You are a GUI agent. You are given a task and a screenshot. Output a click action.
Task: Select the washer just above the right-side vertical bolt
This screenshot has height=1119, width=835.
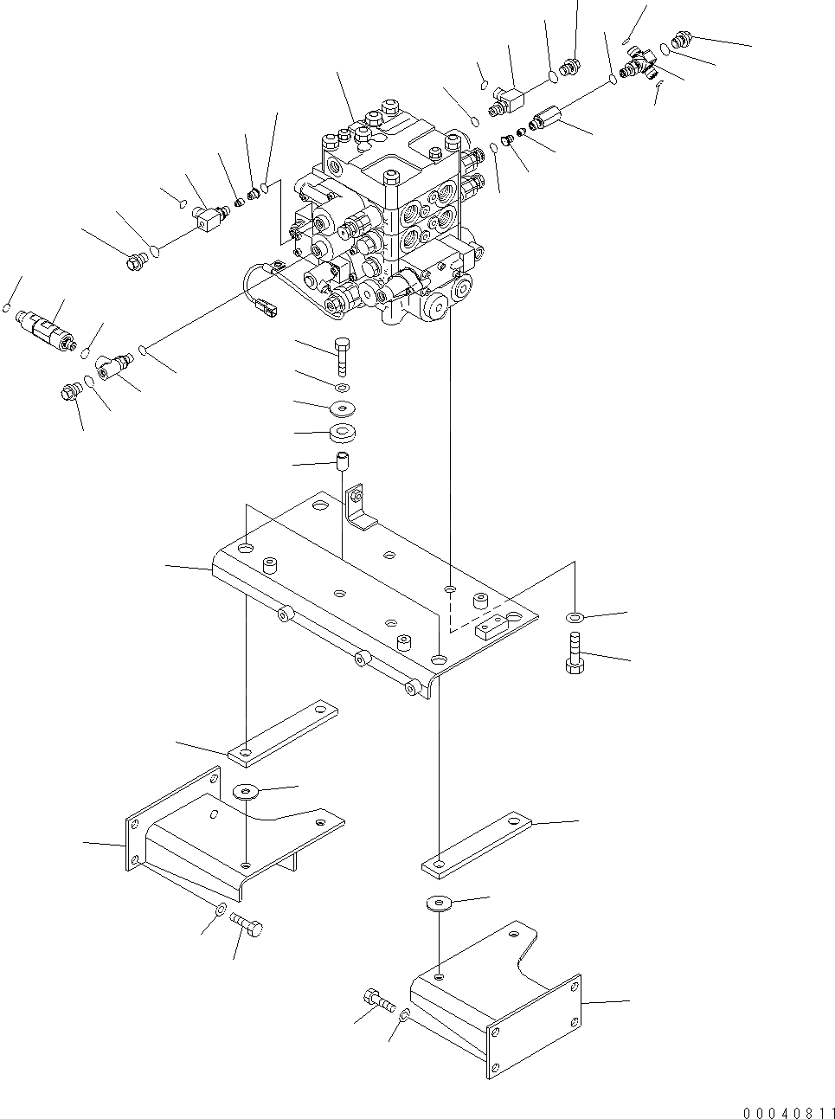pyautogui.click(x=574, y=617)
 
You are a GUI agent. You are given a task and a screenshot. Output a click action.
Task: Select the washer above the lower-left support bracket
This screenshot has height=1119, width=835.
pyautogui.click(x=246, y=791)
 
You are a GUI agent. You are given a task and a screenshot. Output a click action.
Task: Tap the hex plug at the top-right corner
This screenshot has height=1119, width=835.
pyautogui.click(x=682, y=39)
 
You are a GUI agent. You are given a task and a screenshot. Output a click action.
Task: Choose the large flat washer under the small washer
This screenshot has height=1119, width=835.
pyautogui.click(x=344, y=407)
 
